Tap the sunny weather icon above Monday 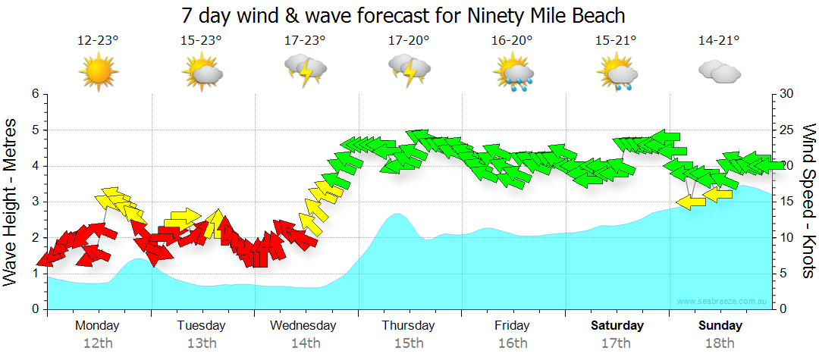[99, 72]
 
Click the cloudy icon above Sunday [719, 72]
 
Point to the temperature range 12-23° [98, 40]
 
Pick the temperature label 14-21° [719, 40]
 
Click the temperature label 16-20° [512, 40]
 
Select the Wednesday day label [303, 325]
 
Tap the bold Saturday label [617, 325]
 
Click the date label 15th [409, 343]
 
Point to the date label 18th [720, 343]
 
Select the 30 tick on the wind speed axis [787, 94]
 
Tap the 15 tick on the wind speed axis [787, 202]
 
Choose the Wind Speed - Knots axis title [807, 202]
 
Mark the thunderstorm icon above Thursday [409, 72]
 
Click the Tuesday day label [201, 325]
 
